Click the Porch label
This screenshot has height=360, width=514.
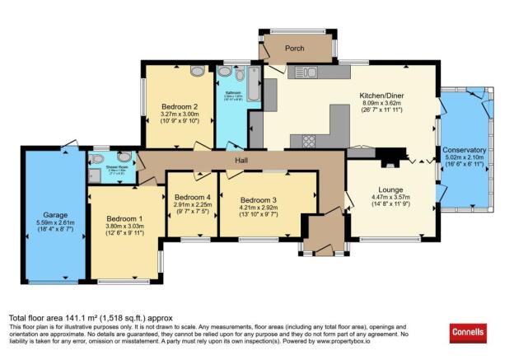coord(295,49)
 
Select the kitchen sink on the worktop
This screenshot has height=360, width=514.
coord(310,72)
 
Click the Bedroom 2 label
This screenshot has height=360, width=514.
coord(179,107)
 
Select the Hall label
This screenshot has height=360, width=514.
coord(242,161)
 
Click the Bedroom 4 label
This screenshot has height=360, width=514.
coord(191,198)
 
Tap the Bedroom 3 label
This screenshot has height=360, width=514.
coord(259,199)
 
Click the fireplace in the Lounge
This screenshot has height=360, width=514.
coord(397,153)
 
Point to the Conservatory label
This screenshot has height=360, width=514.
coord(465,150)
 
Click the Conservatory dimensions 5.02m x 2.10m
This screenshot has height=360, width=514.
coord(465,159)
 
